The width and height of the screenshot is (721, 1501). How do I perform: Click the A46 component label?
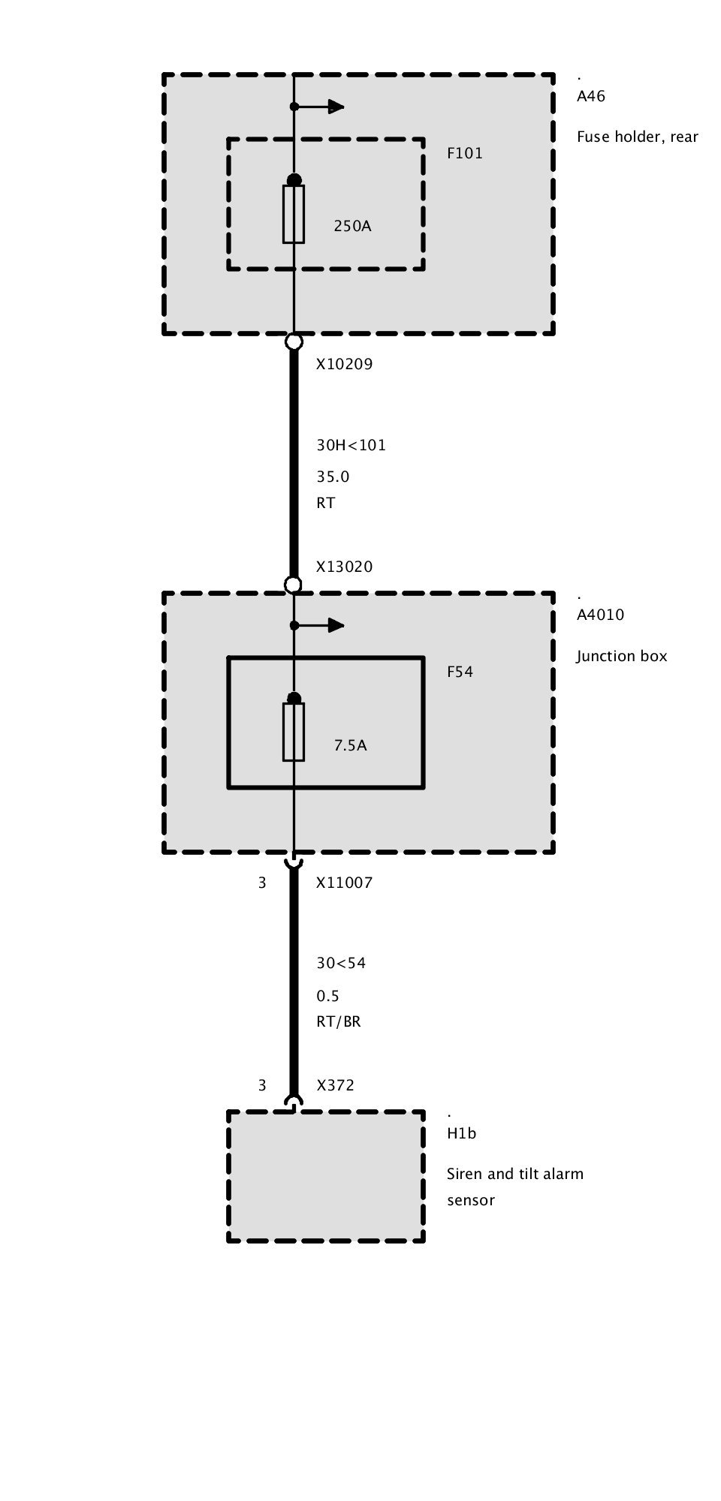[x=591, y=96]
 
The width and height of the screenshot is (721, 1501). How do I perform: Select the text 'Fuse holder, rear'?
[x=637, y=137]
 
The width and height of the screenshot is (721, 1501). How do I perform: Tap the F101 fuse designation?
[x=465, y=153]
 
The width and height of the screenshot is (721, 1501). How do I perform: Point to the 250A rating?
[x=352, y=225]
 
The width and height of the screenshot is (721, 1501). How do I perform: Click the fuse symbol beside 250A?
[x=294, y=214]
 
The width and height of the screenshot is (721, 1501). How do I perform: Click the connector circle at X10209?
[x=294, y=342]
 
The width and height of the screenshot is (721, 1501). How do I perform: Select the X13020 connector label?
[x=344, y=567]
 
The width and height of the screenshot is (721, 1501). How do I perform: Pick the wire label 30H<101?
[x=351, y=445]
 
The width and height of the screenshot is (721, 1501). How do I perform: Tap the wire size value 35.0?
[x=333, y=477]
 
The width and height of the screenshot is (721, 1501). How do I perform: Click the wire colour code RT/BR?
[x=338, y=1021]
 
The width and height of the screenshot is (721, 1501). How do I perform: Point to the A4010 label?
[x=600, y=615]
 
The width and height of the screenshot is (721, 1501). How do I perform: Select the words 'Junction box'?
[x=621, y=656]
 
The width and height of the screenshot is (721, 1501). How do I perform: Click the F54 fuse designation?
[x=460, y=672]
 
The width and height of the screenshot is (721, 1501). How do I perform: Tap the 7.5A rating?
[x=350, y=745]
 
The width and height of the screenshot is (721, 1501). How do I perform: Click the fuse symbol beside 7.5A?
[x=294, y=732]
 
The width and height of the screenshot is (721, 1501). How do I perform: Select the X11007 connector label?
[x=344, y=883]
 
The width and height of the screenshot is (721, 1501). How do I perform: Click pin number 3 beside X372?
[x=262, y=1085]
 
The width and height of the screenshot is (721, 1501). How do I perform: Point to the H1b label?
[x=461, y=1133]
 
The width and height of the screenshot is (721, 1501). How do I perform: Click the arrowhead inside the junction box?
[x=336, y=625]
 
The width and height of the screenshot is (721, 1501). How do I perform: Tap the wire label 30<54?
[x=341, y=963]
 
